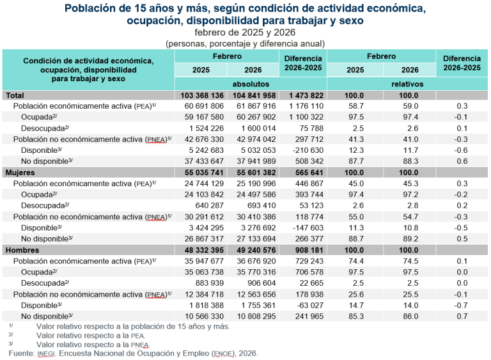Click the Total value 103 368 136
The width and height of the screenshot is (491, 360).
(x=200, y=95)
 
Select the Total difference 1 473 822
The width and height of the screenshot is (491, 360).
(x=302, y=95)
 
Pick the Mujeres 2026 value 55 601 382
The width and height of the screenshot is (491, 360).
(x=251, y=173)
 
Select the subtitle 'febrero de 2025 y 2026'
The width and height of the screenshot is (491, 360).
(x=245, y=32)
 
